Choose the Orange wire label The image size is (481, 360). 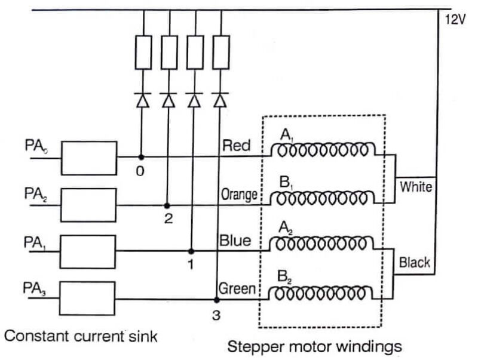point(239,194)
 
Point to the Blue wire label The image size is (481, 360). point(235,241)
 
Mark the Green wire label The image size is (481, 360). point(237,289)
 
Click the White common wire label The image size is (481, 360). point(416,187)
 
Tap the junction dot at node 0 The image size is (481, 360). point(142,158)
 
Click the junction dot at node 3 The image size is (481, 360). point(216,299)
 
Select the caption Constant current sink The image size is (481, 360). point(81,337)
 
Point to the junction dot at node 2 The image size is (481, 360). point(167,205)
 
